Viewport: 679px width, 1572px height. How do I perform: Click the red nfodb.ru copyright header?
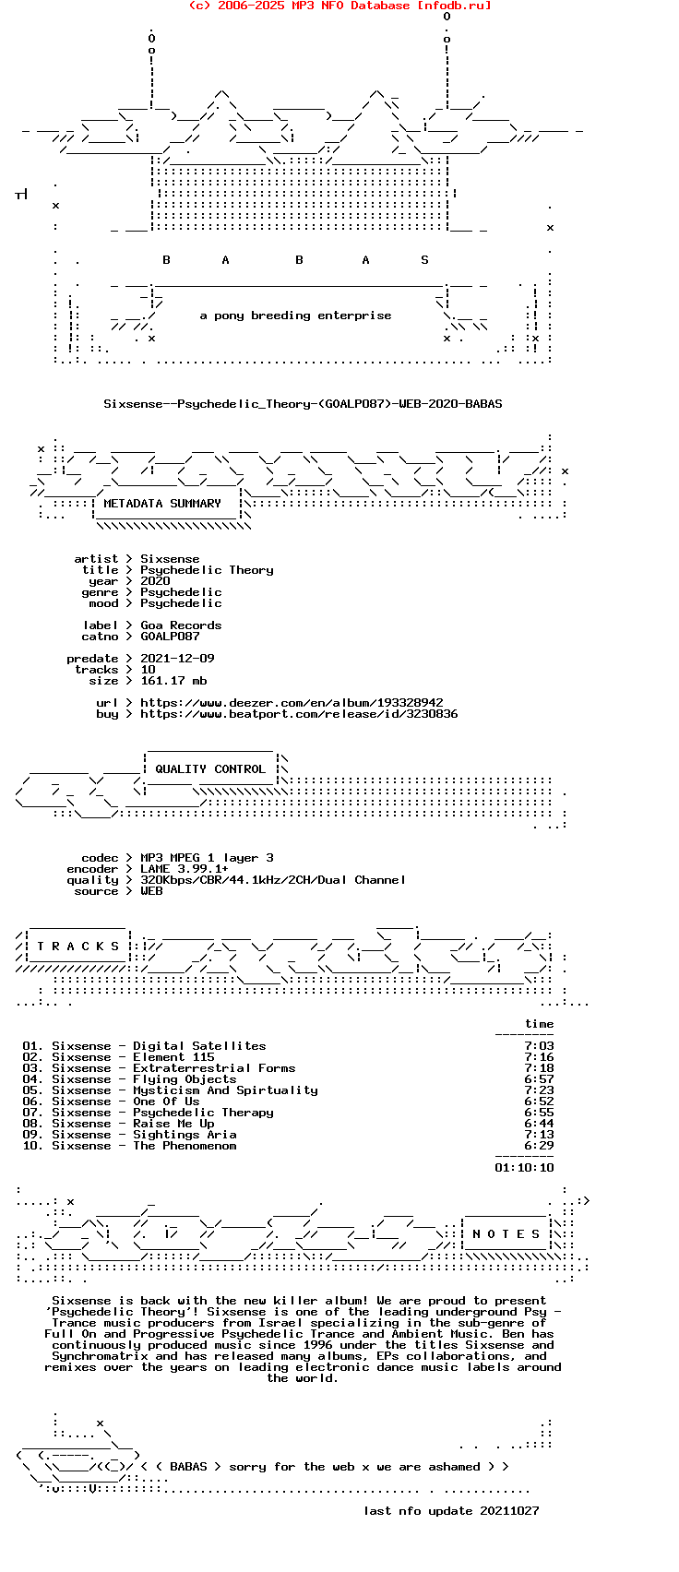(x=340, y=6)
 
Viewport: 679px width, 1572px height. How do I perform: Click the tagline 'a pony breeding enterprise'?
(x=295, y=316)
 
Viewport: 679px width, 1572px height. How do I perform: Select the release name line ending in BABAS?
(x=303, y=404)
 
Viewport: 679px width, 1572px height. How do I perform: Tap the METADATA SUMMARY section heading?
(x=162, y=504)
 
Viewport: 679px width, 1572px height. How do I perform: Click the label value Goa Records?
(x=181, y=625)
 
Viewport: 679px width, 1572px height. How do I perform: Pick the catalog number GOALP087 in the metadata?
(x=170, y=637)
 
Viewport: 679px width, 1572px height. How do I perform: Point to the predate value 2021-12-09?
(x=177, y=659)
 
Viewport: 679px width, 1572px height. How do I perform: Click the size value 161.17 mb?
(x=173, y=681)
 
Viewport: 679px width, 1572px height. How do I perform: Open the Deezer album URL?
(x=292, y=703)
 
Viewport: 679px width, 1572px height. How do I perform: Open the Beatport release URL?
(x=299, y=714)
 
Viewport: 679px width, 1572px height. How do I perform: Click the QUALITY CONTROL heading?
(x=210, y=769)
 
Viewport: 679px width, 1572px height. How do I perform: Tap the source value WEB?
(x=151, y=891)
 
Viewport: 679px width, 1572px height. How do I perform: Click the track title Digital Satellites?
(x=199, y=1046)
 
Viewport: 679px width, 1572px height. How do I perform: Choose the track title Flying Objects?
(x=185, y=1079)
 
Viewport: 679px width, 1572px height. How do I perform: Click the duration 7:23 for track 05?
(x=539, y=1090)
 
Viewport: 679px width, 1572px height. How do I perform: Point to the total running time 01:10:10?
(x=524, y=1168)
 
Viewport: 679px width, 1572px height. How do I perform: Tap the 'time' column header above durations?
(x=540, y=1024)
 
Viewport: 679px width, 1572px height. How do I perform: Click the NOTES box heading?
(x=506, y=1233)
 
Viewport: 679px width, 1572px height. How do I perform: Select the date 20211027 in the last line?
(x=509, y=1511)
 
